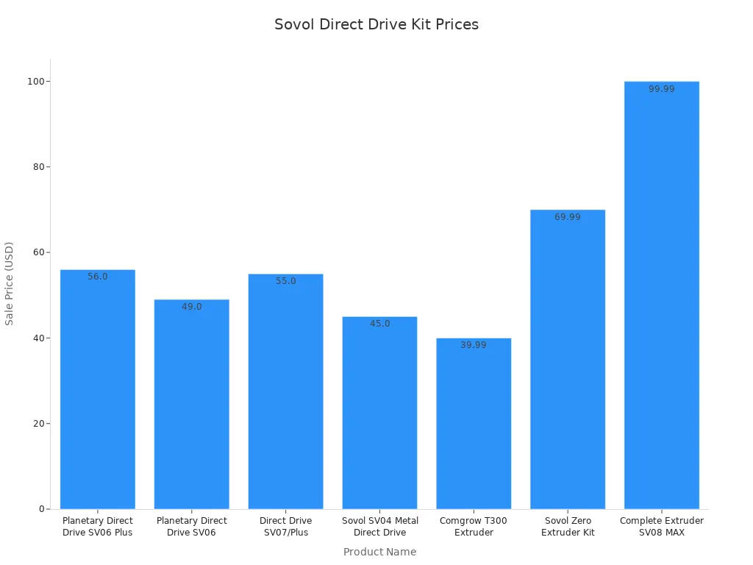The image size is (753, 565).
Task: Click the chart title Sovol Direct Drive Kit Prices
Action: click(376, 24)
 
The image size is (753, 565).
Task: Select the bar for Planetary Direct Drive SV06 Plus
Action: click(98, 389)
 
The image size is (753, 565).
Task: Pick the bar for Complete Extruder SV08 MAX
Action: click(661, 295)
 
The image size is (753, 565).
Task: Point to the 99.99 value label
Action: click(661, 89)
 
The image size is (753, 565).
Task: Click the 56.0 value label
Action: click(98, 277)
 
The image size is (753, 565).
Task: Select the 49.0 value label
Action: click(192, 307)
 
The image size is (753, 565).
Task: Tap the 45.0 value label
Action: click(379, 324)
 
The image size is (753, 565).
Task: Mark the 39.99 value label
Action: click(474, 345)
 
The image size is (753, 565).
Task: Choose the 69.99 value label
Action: click(568, 217)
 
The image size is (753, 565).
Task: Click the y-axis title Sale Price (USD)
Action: click(10, 283)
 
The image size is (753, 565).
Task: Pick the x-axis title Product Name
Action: click(379, 552)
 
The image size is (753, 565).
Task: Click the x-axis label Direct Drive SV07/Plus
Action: click(285, 527)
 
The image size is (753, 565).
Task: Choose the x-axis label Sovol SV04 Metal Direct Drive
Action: click(379, 527)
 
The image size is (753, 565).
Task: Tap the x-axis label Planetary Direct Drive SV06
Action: click(192, 527)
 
